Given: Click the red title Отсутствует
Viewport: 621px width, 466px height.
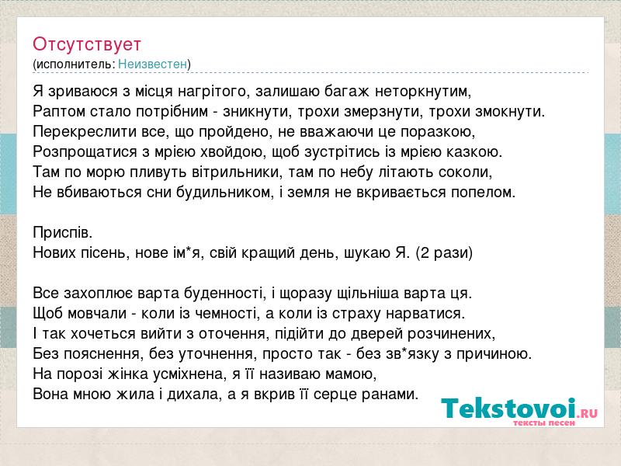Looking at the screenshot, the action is [87, 44].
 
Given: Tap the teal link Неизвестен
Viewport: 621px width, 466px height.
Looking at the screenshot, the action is [152, 64].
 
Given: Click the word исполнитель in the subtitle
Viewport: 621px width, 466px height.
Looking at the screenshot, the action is [75, 64].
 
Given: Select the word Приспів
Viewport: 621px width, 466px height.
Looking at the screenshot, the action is [63, 232].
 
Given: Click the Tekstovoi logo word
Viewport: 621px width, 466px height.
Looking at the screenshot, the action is [508, 409].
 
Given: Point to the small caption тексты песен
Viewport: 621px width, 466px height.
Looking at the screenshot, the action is [544, 423].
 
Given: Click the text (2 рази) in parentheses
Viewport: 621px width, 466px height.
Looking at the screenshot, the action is [444, 252].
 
